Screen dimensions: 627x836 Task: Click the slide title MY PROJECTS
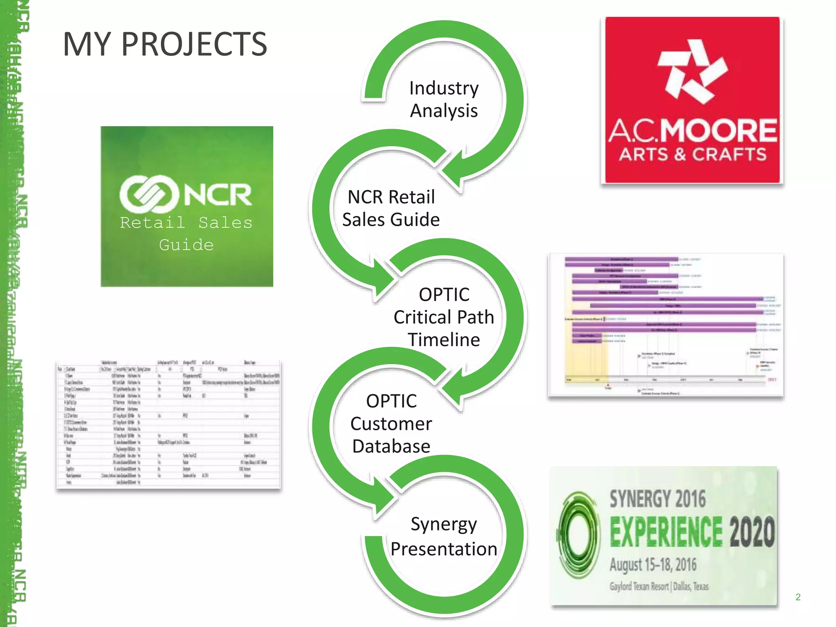(165, 44)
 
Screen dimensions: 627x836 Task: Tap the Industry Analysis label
(444, 99)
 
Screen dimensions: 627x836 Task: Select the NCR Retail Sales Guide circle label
(391, 208)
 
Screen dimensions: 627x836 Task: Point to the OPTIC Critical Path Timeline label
(444, 317)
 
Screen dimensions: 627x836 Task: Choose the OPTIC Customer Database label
(391, 423)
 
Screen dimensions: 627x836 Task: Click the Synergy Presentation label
(444, 536)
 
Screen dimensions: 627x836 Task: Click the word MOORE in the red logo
(719, 131)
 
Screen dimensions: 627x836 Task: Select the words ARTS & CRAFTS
(693, 155)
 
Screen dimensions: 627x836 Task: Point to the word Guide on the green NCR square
(186, 245)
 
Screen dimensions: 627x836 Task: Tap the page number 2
(798, 597)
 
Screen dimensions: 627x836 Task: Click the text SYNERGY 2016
(658, 499)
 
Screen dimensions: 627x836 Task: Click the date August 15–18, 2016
(653, 565)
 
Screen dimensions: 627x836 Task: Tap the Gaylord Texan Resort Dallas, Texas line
(659, 587)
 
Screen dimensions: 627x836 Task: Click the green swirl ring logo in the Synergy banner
(579, 534)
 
